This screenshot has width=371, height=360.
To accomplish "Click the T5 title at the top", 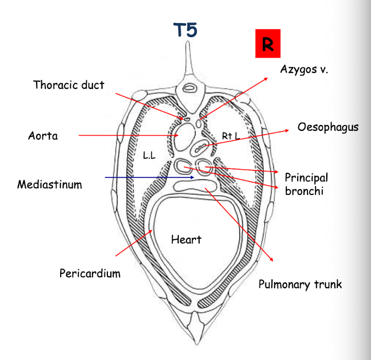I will click(185, 30).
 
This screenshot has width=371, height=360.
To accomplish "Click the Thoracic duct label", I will click(68, 85).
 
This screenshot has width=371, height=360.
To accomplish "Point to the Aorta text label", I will click(43, 136).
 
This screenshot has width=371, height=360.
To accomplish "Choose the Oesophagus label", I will click(328, 127).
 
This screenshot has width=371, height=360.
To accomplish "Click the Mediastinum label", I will click(50, 184).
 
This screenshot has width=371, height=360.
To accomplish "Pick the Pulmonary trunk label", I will click(300, 284).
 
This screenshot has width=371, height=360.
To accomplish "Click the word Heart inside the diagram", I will click(186, 239).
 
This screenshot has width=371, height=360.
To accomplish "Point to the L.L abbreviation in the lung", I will click(149, 155).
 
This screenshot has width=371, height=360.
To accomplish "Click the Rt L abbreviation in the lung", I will click(231, 136).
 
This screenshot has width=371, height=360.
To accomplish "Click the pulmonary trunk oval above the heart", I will click(190, 186).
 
